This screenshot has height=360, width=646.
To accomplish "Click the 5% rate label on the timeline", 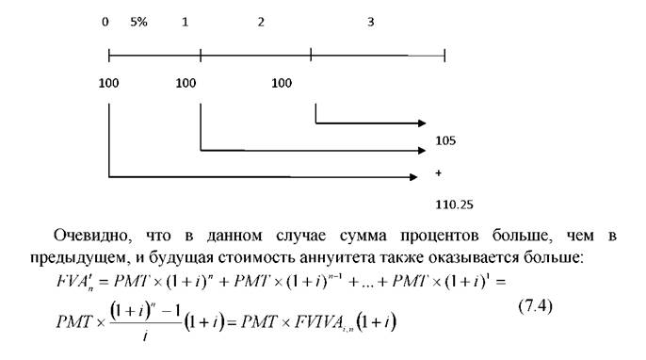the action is pyautogui.click(x=138, y=22).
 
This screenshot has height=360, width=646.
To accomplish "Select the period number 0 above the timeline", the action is pyautogui.click(x=105, y=22).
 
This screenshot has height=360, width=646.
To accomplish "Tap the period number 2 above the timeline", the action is pyautogui.click(x=261, y=22).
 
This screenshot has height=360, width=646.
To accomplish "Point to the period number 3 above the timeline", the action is pyautogui.click(x=371, y=22).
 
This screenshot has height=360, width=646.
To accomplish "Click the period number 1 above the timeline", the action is pyautogui.click(x=185, y=22).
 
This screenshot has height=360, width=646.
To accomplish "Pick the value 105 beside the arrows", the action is pyautogui.click(x=445, y=140).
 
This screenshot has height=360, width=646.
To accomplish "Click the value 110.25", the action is pyautogui.click(x=455, y=205).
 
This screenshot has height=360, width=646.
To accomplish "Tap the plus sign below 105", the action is pyautogui.click(x=439, y=173).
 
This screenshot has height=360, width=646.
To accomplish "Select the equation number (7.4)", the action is pyautogui.click(x=535, y=306).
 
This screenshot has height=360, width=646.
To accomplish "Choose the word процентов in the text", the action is pyautogui.click(x=439, y=237).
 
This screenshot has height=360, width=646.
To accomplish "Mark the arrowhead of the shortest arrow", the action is pyautogui.click(x=422, y=123).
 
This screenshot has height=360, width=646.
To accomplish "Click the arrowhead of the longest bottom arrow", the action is pyautogui.click(x=413, y=177).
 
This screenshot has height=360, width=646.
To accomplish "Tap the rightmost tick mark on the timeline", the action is pyautogui.click(x=444, y=56).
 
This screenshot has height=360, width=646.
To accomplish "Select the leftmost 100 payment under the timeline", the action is pyautogui.click(x=109, y=83).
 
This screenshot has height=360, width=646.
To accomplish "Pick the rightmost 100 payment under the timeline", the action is pyautogui.click(x=282, y=83).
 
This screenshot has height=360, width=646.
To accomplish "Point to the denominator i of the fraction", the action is pyautogui.click(x=145, y=336).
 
